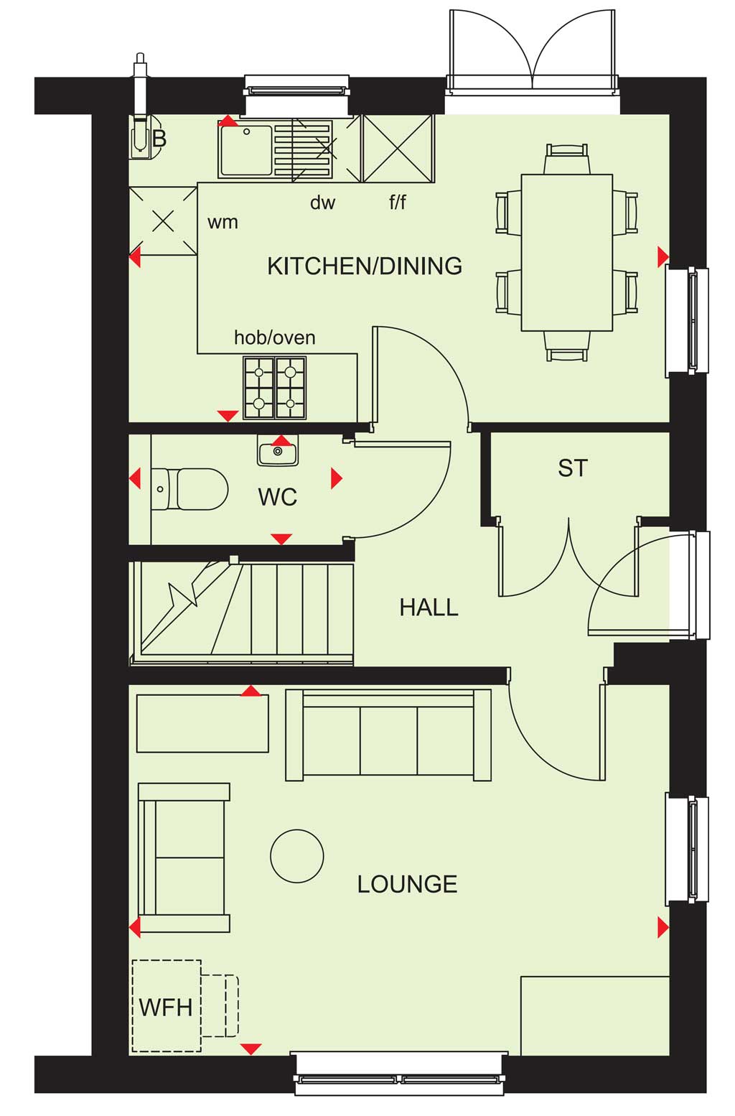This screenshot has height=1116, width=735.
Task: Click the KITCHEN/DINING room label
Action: coord(365,266)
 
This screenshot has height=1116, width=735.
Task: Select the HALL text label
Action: coord(429,608)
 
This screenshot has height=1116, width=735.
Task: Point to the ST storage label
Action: coord(573,468)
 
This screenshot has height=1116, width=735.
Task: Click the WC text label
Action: coord(277,497)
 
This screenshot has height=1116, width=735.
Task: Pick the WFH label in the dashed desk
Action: coord(166,1008)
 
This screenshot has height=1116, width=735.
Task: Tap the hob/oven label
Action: coord(275,338)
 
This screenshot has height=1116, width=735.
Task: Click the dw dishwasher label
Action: coord(323,203)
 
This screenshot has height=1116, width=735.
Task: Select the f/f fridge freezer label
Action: coord(398,203)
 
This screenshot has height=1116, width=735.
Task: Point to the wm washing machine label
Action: coord(223,222)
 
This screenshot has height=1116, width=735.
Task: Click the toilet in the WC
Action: coord(189,489)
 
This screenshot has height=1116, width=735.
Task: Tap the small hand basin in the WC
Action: coord(278,450)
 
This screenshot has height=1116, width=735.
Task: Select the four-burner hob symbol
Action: coord(275,388)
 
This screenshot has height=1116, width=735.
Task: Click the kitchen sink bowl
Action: coord(246,151)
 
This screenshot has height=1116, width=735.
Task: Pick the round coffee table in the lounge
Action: coord(297,856)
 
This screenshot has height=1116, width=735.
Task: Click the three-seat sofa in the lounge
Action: coord(388,735)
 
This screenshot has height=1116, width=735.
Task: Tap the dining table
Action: coord(567,252)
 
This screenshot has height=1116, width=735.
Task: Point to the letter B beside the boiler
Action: coord(159,139)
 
